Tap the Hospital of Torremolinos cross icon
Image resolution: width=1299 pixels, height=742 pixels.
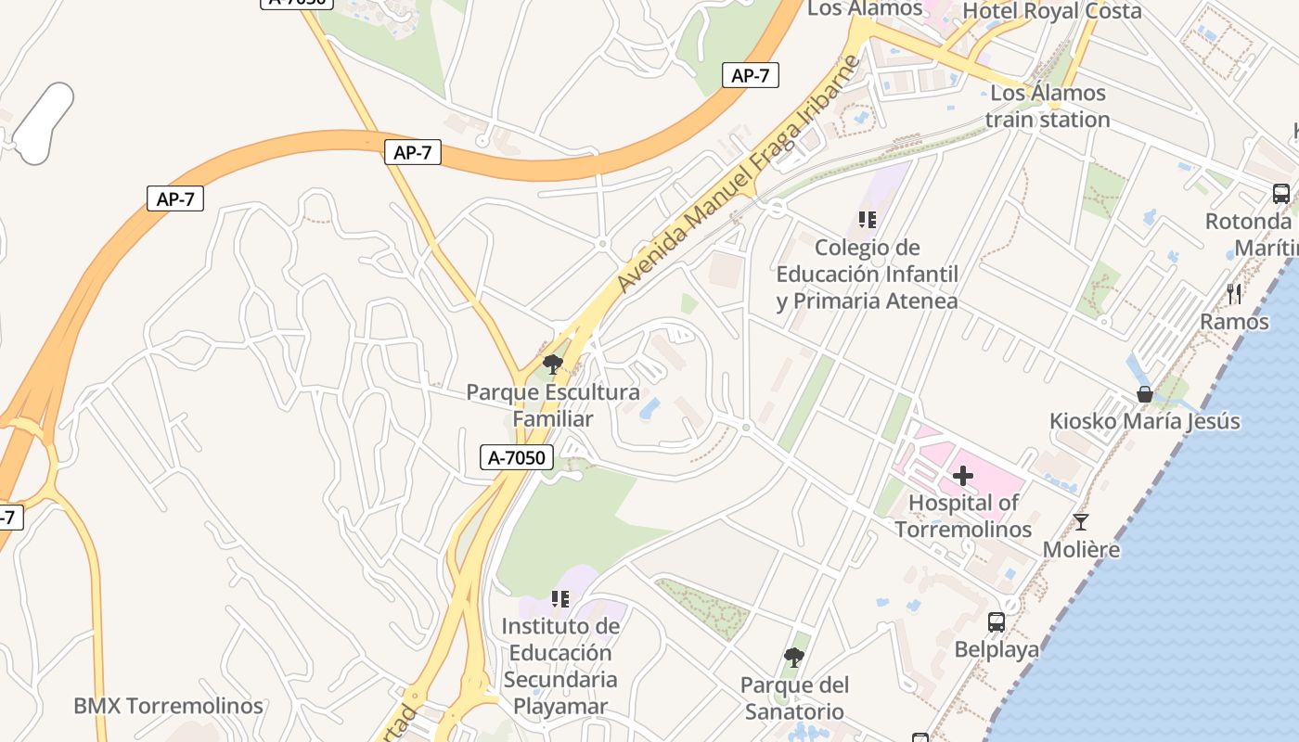click(963, 476)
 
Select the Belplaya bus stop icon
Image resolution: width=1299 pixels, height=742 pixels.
click(997, 622)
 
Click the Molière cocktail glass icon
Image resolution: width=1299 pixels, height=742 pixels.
click(1080, 522)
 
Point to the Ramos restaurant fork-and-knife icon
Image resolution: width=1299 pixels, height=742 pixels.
click(1234, 294)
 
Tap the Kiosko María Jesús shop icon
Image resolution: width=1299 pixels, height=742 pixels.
click(1144, 394)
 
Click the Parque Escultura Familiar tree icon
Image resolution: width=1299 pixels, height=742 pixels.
click(553, 364)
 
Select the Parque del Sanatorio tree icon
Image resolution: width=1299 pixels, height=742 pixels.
click(793, 658)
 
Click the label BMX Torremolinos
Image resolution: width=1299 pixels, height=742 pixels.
click(168, 706)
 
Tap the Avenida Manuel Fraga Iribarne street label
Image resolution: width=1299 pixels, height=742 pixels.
click(740, 173)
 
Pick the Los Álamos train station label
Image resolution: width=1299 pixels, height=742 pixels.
click(1048, 107)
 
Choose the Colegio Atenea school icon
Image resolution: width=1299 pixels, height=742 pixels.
click(867, 220)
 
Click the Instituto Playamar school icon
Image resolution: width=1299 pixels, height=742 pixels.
click(559, 599)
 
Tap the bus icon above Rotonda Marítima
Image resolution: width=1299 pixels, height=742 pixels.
click(1281, 194)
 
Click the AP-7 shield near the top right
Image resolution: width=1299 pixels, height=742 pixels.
click(750, 76)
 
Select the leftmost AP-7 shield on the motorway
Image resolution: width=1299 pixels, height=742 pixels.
click(175, 198)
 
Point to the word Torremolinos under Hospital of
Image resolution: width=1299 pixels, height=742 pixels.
click(963, 530)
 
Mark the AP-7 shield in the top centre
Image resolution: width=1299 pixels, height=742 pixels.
click(412, 153)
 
